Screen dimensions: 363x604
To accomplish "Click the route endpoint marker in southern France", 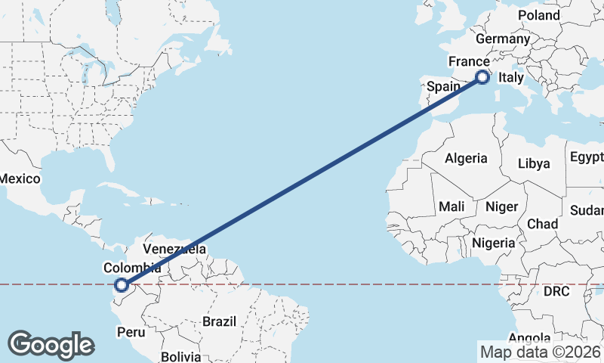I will (x=483, y=76).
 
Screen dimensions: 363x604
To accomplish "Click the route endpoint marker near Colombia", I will (x=121, y=285).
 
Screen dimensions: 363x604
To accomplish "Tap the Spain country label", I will (x=443, y=86).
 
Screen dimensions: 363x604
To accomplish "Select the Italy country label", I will (x=511, y=78).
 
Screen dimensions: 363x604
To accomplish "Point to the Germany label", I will (x=503, y=39).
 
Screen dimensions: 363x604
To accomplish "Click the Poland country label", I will (x=539, y=15).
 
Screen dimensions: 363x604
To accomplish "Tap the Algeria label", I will (x=466, y=159).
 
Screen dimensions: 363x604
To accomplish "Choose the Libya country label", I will (x=533, y=163).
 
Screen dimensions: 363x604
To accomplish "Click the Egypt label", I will (x=587, y=157).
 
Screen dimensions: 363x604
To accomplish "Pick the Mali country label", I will (x=451, y=206).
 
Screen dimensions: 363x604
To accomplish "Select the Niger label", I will (x=501, y=206).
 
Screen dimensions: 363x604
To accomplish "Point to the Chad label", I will (x=542, y=224).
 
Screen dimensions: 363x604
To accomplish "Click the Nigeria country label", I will (x=494, y=243).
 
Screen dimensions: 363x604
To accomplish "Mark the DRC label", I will (x=557, y=291).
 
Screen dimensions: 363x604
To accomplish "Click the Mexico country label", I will (x=19, y=178).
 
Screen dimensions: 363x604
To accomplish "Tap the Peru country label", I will (x=131, y=331).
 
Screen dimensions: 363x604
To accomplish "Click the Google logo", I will (x=51, y=345).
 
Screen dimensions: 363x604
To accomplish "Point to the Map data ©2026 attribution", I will (x=540, y=352).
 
